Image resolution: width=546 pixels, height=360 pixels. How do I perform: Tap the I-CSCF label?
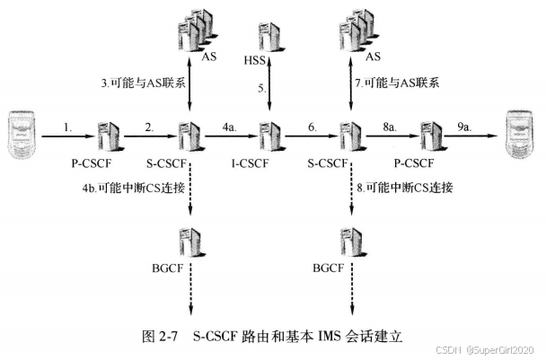click(x=268, y=164)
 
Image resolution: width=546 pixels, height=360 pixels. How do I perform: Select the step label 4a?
click(x=229, y=127)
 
